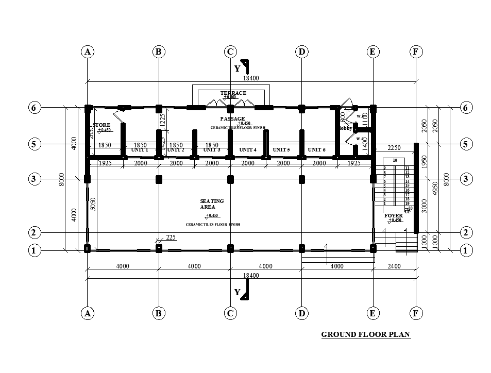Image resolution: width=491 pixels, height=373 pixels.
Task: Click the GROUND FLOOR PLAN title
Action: [365, 334]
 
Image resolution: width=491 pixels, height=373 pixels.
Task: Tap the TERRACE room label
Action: [233, 93]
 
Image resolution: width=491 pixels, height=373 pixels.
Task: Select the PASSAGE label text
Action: [232, 119]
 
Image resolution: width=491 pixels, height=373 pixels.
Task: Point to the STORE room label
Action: [101, 125]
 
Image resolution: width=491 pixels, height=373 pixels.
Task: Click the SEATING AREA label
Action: [212, 204]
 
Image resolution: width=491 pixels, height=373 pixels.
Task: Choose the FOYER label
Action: [394, 215]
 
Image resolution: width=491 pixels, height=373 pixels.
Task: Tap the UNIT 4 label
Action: [248, 149]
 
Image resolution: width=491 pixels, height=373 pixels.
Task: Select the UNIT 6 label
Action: [316, 149]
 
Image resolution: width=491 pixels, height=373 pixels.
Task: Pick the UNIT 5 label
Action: [281, 149]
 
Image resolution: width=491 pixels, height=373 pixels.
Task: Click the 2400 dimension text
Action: [394, 266]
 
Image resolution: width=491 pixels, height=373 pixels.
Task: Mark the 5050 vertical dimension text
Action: [93, 204]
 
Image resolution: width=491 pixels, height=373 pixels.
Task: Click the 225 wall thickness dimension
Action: [171, 238]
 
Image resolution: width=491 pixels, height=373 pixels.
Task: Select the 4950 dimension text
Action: [435, 189]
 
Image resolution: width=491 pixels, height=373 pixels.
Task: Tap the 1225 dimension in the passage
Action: [162, 121]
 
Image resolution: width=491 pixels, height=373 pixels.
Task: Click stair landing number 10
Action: [395, 160]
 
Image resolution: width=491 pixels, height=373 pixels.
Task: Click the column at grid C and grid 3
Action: [230, 179]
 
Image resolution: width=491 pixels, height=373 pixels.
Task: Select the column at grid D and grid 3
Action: [302, 179]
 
